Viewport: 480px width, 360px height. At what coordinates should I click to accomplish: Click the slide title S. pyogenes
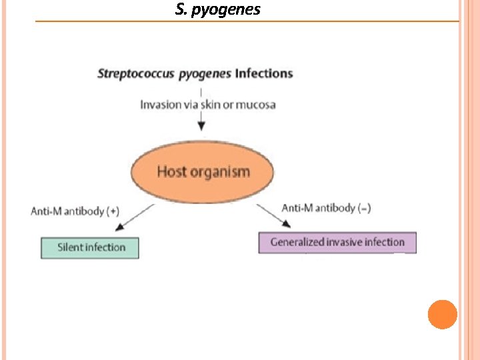[218, 10]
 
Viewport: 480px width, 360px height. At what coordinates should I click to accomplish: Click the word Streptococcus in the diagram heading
[136, 73]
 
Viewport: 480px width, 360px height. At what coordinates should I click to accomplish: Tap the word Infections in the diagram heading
[263, 73]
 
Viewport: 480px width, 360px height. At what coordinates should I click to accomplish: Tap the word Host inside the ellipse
[171, 171]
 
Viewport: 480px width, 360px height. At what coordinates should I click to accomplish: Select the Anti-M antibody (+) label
[75, 211]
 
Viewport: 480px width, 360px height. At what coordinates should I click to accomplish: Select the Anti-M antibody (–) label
[327, 208]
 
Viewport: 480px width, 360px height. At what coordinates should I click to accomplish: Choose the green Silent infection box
[91, 247]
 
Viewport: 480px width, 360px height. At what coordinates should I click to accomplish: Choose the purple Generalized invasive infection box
[337, 242]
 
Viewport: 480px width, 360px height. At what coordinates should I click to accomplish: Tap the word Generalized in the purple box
[297, 242]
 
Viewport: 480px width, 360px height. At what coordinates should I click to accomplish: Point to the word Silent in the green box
[70, 247]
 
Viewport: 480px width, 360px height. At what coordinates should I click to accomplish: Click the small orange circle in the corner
[442, 314]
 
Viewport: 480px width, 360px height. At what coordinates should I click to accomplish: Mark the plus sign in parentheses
[114, 211]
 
